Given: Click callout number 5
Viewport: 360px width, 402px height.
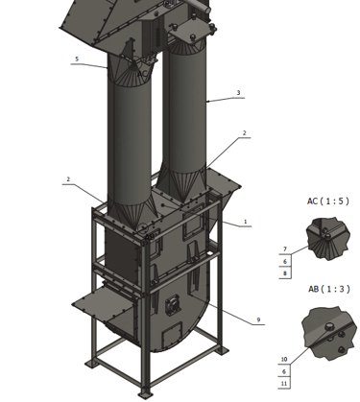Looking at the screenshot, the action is click(77, 59).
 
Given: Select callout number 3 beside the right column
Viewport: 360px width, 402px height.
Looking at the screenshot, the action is click(238, 93).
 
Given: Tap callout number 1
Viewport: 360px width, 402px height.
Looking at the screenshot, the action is click(246, 222).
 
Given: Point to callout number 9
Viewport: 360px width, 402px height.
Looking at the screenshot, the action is click(258, 319).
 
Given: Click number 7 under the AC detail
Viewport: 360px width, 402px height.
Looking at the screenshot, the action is click(285, 249).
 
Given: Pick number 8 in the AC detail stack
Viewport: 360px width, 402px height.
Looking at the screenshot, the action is click(285, 273).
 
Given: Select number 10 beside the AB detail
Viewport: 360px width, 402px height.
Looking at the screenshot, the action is click(284, 360).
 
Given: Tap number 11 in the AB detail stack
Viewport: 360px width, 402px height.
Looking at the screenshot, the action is click(284, 384).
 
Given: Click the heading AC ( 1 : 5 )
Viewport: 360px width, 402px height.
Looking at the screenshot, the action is click(328, 201).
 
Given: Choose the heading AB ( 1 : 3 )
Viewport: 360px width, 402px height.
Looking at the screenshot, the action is click(329, 289).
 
